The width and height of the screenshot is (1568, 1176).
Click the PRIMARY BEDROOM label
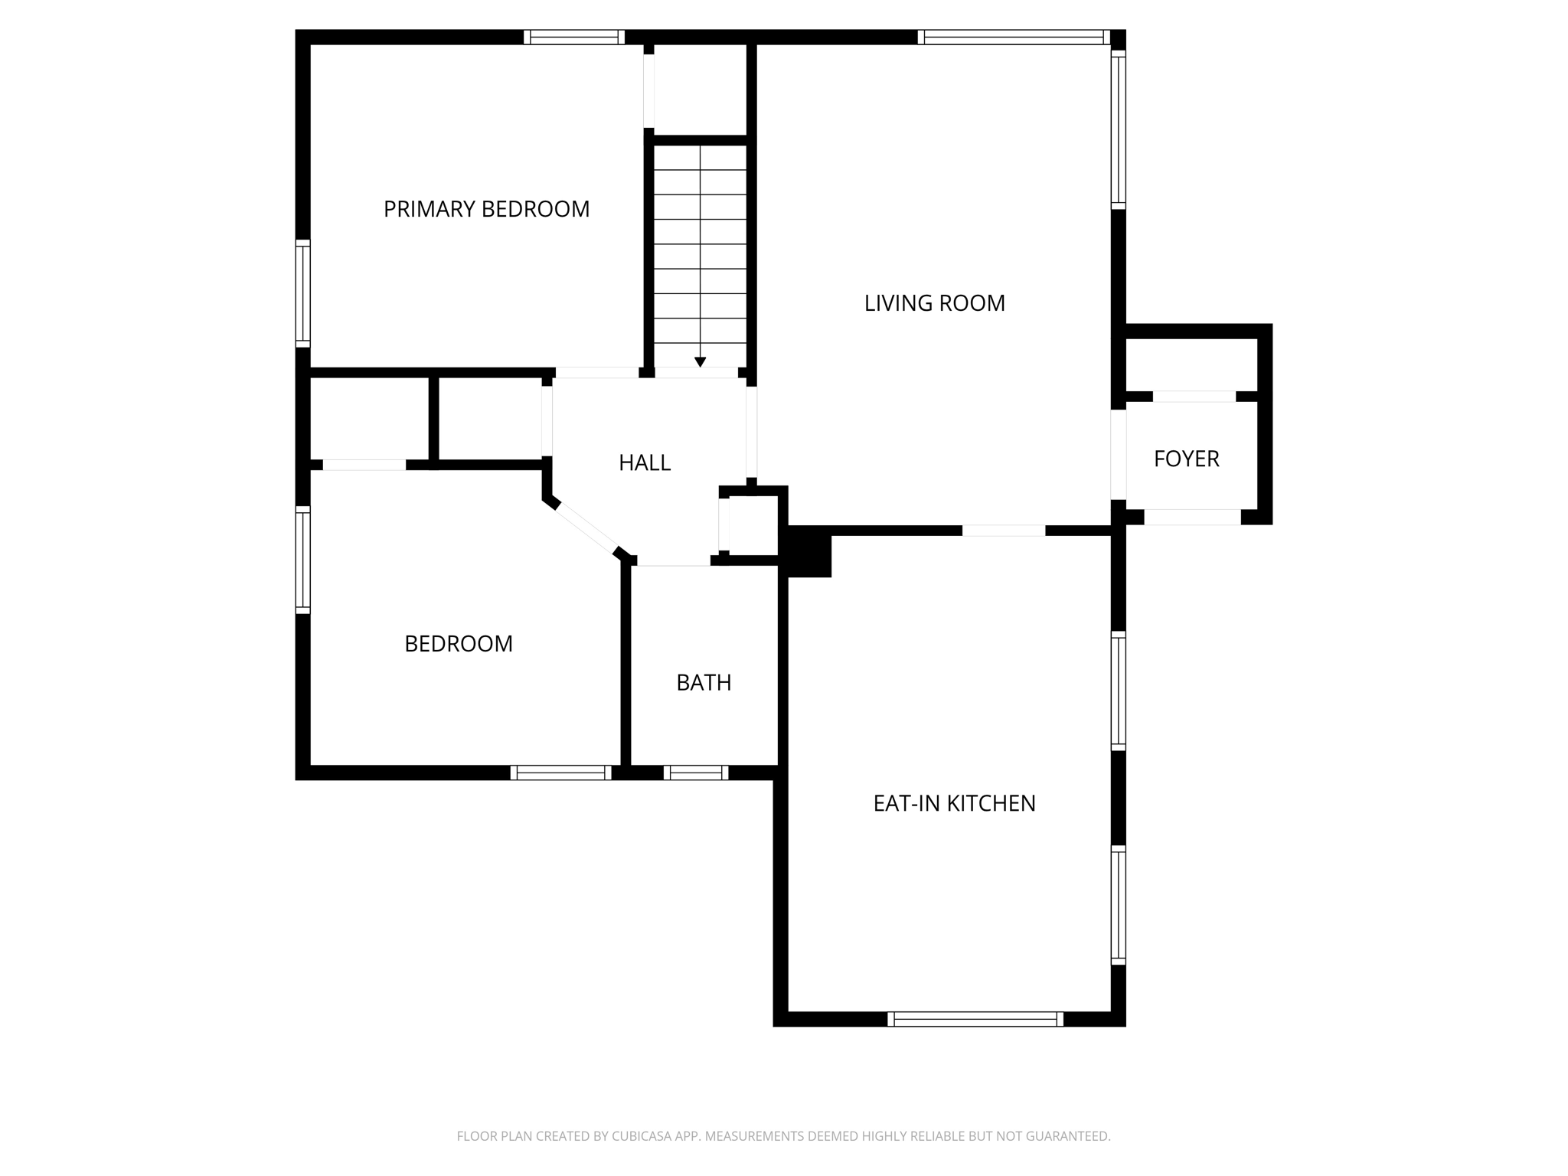pyautogui.click(x=486, y=209)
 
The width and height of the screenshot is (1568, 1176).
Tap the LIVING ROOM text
pyautogui.click(x=934, y=303)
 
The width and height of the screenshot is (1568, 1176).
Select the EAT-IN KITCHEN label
pyautogui.click(x=954, y=803)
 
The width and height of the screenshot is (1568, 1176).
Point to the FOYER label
pyautogui.click(x=1186, y=459)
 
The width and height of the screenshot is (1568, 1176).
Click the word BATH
pyautogui.click(x=704, y=682)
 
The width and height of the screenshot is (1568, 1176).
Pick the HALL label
pyautogui.click(x=645, y=462)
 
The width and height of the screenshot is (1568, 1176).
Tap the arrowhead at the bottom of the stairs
pyautogui.click(x=700, y=362)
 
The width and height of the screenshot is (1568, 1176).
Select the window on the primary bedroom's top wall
pyautogui.click(x=574, y=37)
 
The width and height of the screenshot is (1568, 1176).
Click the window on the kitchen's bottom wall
pyautogui.click(x=975, y=1019)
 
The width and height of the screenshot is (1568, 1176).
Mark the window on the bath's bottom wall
pyautogui.click(x=696, y=773)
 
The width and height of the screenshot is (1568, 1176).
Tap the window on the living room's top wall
pyautogui.click(x=1014, y=37)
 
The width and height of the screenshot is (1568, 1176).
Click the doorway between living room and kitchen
pyautogui.click(x=1003, y=531)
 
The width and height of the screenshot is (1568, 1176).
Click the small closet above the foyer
pyautogui.click(x=1191, y=364)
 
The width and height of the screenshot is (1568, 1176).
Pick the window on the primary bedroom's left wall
pyautogui.click(x=303, y=293)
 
